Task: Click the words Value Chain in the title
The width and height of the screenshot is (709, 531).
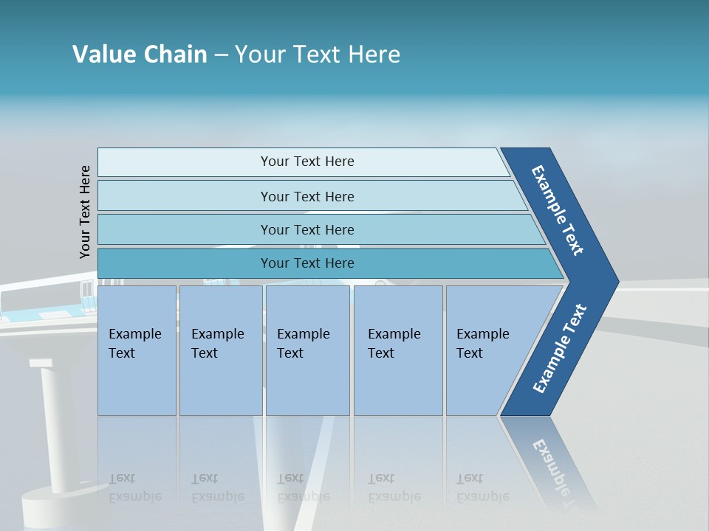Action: pyautogui.click(x=140, y=55)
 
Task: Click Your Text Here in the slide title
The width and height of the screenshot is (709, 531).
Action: pyautogui.click(x=318, y=55)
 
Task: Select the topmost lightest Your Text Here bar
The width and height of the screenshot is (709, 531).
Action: pyautogui.click(x=306, y=162)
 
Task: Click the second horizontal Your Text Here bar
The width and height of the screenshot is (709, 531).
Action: pyautogui.click(x=306, y=196)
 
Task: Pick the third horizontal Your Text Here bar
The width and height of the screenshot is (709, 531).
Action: pyautogui.click(x=306, y=229)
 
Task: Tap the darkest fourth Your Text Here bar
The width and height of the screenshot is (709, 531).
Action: pyautogui.click(x=306, y=263)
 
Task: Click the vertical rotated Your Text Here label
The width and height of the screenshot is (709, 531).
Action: pyautogui.click(x=85, y=212)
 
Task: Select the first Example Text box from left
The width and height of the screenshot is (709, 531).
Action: pyautogui.click(x=137, y=350)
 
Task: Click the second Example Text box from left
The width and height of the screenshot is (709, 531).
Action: pyautogui.click(x=220, y=350)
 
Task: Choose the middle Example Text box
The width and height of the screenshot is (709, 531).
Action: pyautogui.click(x=307, y=350)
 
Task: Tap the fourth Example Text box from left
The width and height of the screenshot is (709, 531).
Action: pyautogui.click(x=397, y=350)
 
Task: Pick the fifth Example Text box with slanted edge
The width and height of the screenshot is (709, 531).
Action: pyautogui.click(x=487, y=350)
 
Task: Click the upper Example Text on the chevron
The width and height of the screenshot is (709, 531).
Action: pyautogui.click(x=558, y=210)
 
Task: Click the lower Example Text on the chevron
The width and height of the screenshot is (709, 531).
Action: pyautogui.click(x=559, y=349)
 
